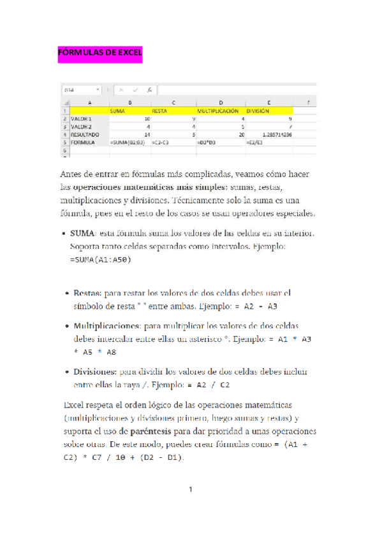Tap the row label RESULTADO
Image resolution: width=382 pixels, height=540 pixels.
84,135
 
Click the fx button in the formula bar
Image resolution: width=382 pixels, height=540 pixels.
149,90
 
